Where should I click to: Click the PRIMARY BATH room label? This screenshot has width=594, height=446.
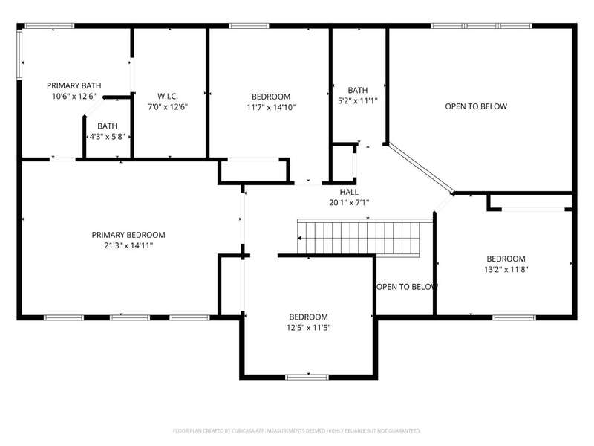click(x=74, y=85)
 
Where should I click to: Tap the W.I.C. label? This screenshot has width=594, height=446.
click(x=168, y=97)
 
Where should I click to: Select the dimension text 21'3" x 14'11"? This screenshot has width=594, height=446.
click(x=128, y=245)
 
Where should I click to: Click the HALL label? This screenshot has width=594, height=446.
click(x=349, y=192)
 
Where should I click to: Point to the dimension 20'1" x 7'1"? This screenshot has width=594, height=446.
click(x=349, y=202)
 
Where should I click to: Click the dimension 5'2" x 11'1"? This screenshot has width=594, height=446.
click(x=358, y=101)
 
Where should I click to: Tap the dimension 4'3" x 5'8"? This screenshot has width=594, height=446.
click(x=107, y=137)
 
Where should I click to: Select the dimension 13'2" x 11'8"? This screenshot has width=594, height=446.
click(x=506, y=270)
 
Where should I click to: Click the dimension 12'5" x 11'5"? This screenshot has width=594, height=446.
click(x=308, y=328)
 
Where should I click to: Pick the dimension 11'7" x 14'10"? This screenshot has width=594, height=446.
click(x=271, y=107)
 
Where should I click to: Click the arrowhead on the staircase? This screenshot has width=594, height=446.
click(x=300, y=238)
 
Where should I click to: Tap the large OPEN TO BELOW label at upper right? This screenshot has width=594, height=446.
click(x=476, y=106)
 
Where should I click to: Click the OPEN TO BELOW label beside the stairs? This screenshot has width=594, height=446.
click(x=407, y=287)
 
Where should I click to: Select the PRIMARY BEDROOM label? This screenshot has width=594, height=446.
click(x=128, y=235)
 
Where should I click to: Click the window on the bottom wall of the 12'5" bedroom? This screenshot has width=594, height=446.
click(x=307, y=377)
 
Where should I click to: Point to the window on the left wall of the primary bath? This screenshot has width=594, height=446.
click(x=19, y=54)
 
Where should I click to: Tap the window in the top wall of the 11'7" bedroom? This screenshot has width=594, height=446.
click(x=249, y=26)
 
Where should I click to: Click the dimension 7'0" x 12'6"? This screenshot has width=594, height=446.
click(x=168, y=107)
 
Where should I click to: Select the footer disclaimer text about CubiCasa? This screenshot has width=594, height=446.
click(x=296, y=431)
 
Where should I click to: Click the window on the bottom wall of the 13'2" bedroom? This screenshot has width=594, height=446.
click(x=515, y=317)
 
